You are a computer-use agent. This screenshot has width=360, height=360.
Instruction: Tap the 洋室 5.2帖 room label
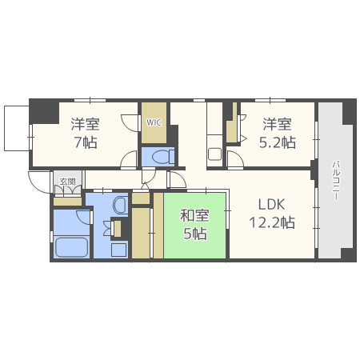click(x=278, y=134)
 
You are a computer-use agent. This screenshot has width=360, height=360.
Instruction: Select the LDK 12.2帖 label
click(x=270, y=212)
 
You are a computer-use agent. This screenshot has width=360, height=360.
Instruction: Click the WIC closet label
click(x=154, y=122)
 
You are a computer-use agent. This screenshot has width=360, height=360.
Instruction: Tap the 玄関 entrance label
click(x=67, y=182)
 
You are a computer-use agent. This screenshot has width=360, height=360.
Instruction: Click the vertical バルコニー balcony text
click(x=334, y=182)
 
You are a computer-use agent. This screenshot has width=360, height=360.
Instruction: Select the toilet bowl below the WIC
click(x=159, y=157)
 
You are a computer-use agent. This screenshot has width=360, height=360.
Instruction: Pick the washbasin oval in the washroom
click(x=120, y=206)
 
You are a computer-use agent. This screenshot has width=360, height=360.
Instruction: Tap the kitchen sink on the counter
click(x=214, y=153)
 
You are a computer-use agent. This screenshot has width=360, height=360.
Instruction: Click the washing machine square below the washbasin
click(x=119, y=249)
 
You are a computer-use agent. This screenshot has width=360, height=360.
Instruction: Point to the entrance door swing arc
click(x=38, y=182)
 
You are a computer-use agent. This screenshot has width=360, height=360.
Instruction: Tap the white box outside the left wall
click(x=16, y=129)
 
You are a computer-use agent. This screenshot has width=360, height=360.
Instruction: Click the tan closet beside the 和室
click(x=142, y=232)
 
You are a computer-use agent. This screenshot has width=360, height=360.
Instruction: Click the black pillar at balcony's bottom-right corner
click(x=348, y=254)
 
